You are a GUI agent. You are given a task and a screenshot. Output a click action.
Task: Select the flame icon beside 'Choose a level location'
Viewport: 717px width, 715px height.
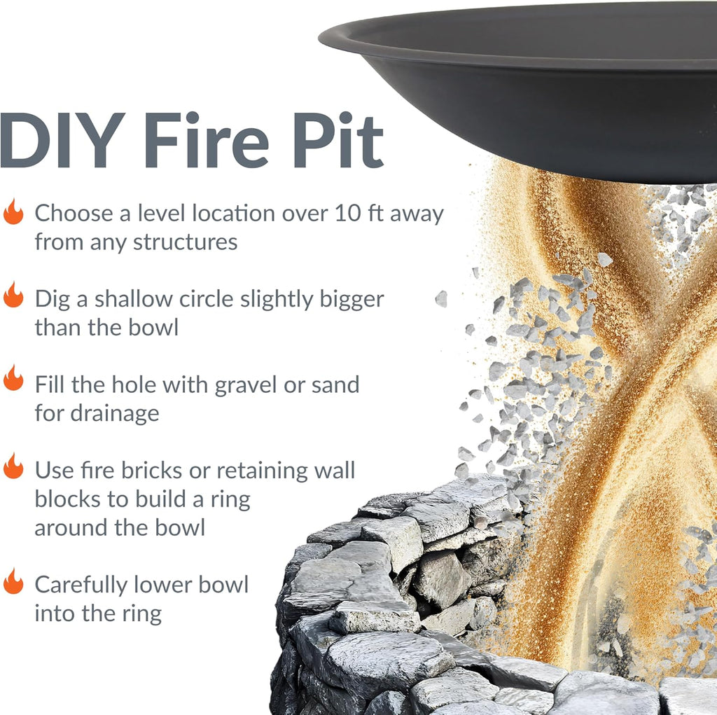click(x=13, y=211)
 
